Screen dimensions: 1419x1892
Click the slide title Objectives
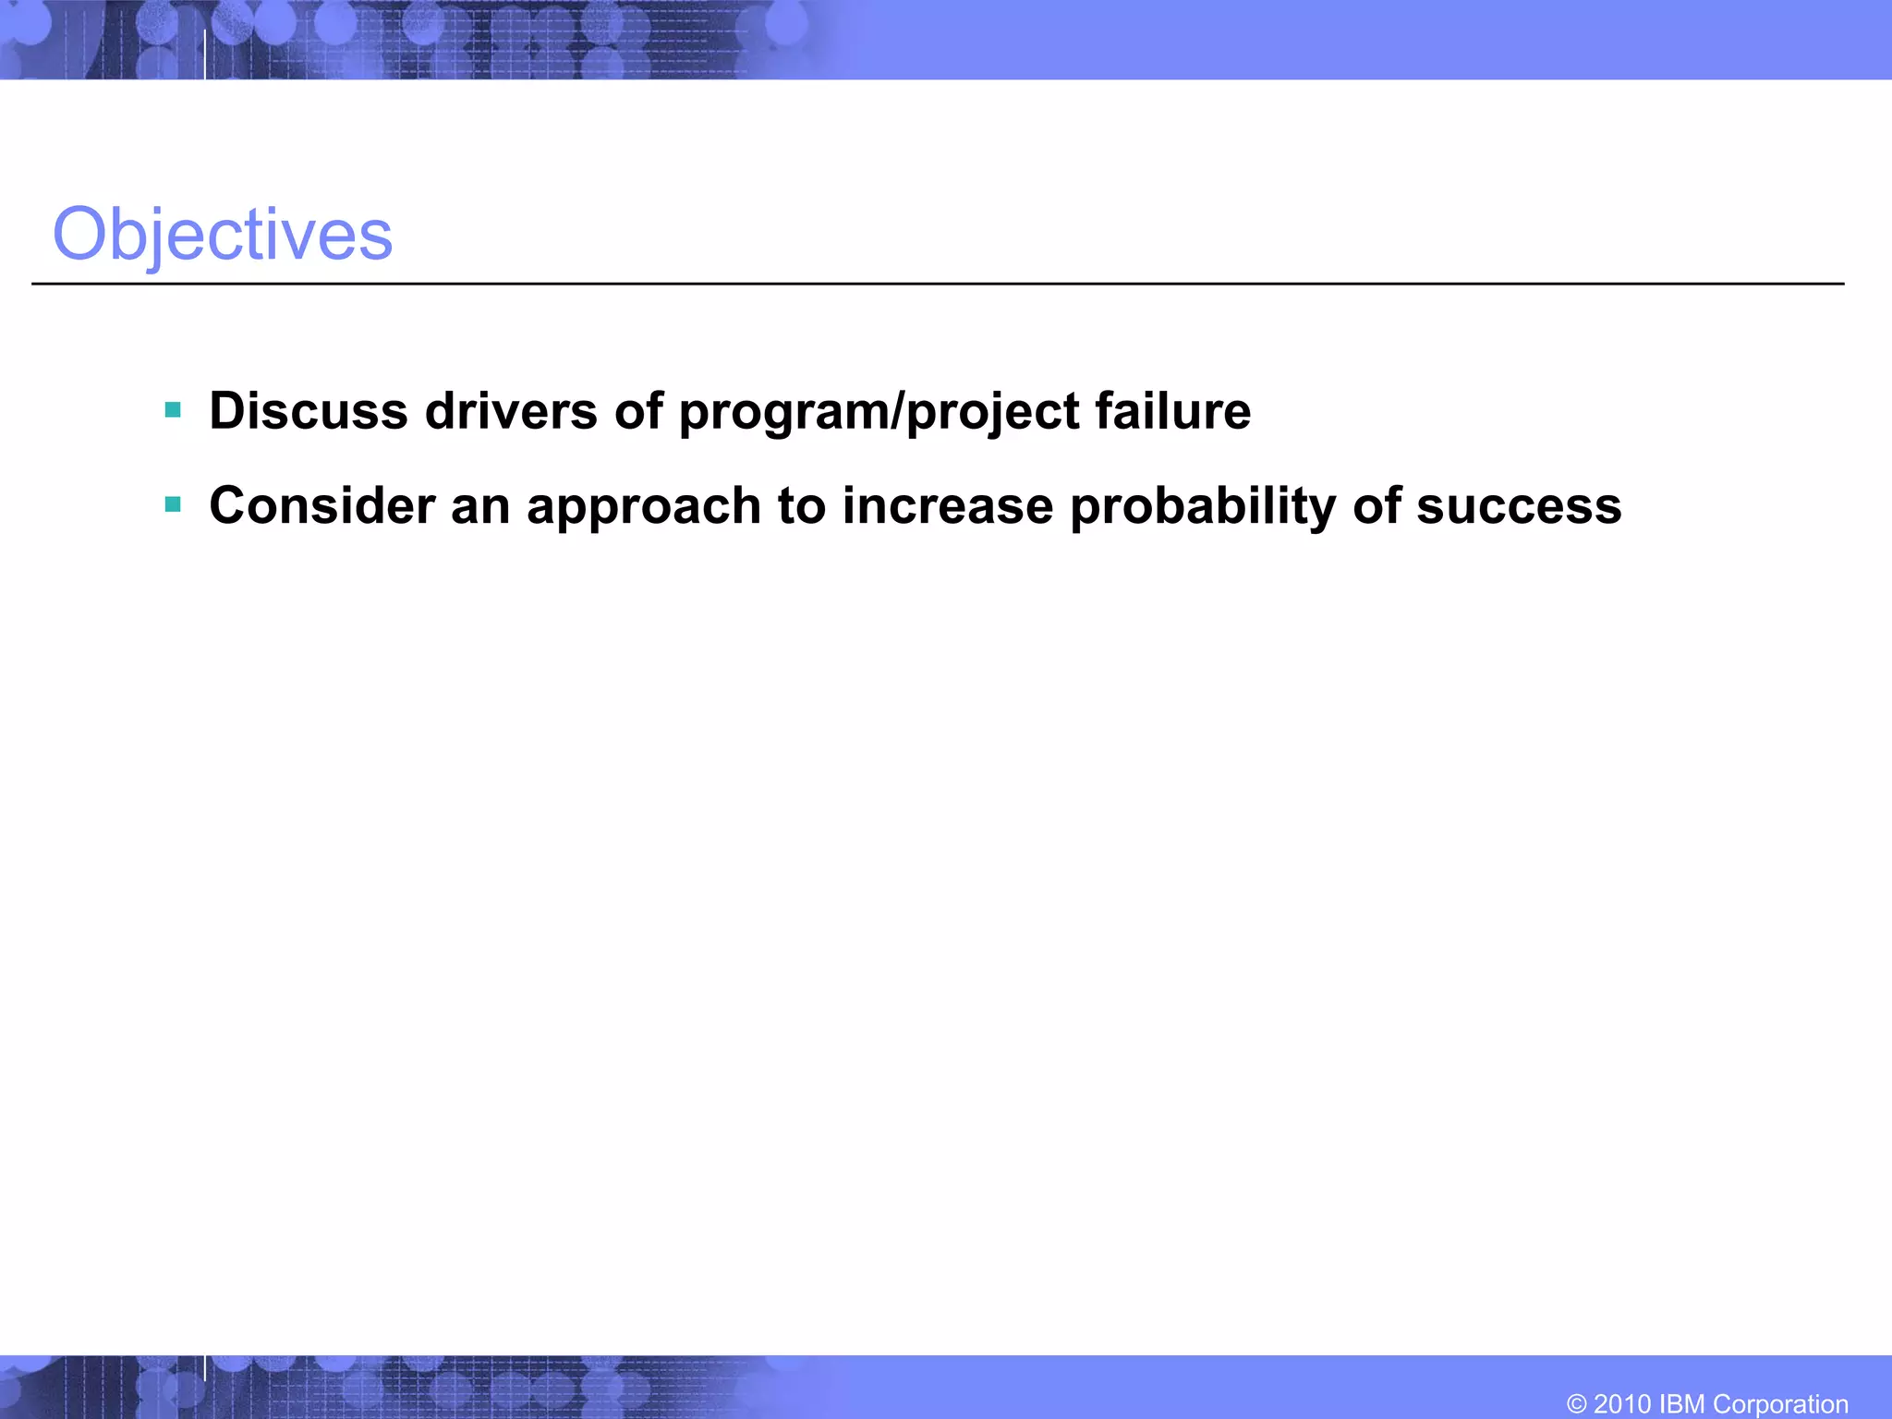tap(223, 235)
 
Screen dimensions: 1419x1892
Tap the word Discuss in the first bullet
tap(309, 411)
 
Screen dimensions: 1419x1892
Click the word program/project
tap(879, 413)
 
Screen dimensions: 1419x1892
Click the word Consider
tap(322, 506)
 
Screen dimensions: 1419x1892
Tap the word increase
tap(947, 506)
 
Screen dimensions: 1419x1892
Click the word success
tap(1518, 506)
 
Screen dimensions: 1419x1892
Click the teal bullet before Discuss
tap(173, 409)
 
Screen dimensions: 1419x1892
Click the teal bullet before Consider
tap(173, 504)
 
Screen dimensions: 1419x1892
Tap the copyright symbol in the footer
tap(1577, 1404)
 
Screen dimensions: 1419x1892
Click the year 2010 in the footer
tap(1622, 1404)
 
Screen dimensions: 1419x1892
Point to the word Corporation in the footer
tap(1780, 1404)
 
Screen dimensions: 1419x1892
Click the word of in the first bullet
tap(638, 411)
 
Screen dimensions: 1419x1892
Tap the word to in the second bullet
tap(801, 506)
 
